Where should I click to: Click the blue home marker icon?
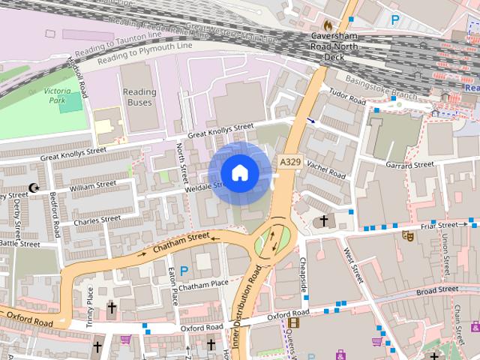(x=239, y=173)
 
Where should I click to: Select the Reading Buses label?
(x=139, y=97)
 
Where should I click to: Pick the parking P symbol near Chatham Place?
(x=183, y=268)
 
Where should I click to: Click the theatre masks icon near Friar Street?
(x=409, y=235)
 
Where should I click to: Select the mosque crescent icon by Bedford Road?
(x=32, y=187)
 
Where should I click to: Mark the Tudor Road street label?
(x=347, y=97)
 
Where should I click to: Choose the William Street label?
(x=93, y=185)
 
